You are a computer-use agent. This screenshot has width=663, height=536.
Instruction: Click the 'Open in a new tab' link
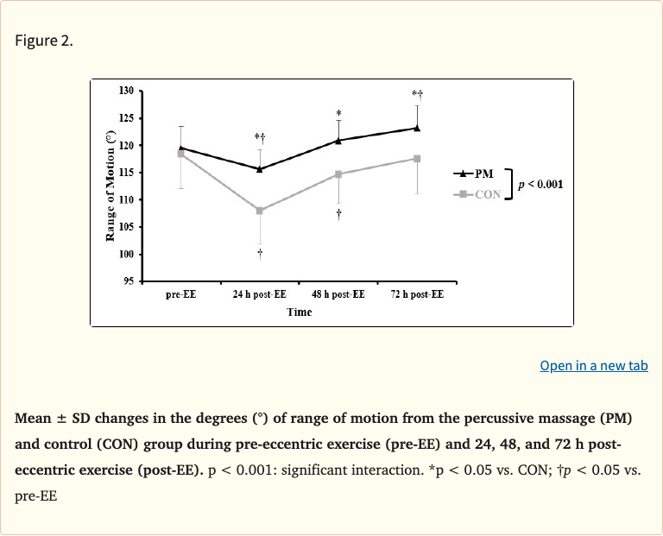coord(593,366)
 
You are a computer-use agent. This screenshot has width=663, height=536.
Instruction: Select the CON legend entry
coord(476,194)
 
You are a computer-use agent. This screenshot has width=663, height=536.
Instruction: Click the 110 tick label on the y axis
coord(126,199)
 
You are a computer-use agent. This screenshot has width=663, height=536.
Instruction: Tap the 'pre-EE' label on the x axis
coord(180,294)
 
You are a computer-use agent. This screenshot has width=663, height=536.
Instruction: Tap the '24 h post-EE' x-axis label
coord(259,294)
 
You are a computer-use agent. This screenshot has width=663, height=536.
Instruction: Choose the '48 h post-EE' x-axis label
coord(338,294)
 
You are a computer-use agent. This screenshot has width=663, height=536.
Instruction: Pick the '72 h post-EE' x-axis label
coord(417,294)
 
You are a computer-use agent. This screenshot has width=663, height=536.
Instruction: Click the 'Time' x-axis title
coord(300,312)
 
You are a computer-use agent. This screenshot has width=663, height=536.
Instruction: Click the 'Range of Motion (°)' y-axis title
coord(110,186)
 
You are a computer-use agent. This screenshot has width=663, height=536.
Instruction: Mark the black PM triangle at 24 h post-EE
coord(260,168)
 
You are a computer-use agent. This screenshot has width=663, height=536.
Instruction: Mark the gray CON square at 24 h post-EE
coord(260,211)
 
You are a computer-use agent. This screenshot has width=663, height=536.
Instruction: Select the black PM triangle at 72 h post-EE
coord(417,128)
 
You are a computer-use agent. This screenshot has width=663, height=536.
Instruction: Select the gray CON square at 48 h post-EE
coord(338,174)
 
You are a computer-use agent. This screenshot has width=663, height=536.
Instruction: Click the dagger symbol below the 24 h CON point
coord(260,253)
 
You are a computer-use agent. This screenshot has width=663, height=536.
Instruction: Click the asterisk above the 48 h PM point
coord(338,114)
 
